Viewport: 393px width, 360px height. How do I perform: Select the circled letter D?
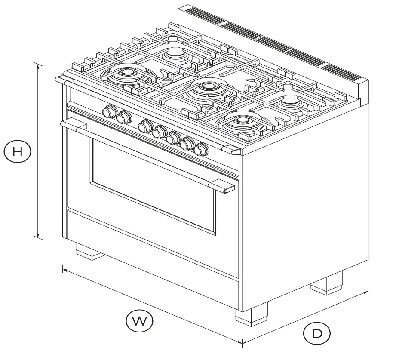click(316, 334)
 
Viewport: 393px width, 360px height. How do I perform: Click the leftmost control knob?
click(109, 111)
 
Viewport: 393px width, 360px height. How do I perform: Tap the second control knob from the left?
click(124, 117)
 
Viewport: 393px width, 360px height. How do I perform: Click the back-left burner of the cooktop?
click(175, 53)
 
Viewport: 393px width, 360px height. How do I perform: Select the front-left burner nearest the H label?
click(127, 75)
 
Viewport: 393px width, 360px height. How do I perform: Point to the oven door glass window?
click(153, 185)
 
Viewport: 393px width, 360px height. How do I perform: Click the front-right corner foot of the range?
click(251, 314)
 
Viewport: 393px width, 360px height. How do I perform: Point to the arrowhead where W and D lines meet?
click(242, 342)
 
